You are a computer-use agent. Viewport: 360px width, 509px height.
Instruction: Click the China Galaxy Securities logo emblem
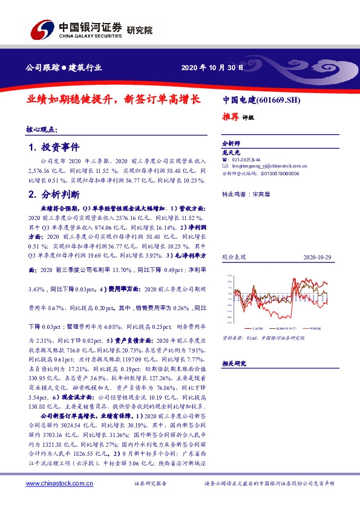tap(41, 30)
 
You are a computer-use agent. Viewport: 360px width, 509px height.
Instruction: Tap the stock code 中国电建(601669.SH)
tap(261, 100)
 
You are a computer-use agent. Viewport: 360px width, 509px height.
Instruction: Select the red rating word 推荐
tap(231, 117)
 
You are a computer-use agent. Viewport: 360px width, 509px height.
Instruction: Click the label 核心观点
tap(42, 129)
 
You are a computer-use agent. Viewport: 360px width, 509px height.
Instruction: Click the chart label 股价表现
tap(232, 257)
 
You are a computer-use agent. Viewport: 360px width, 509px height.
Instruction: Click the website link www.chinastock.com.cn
tap(59, 483)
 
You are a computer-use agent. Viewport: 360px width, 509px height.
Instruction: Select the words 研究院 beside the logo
tap(140, 30)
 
